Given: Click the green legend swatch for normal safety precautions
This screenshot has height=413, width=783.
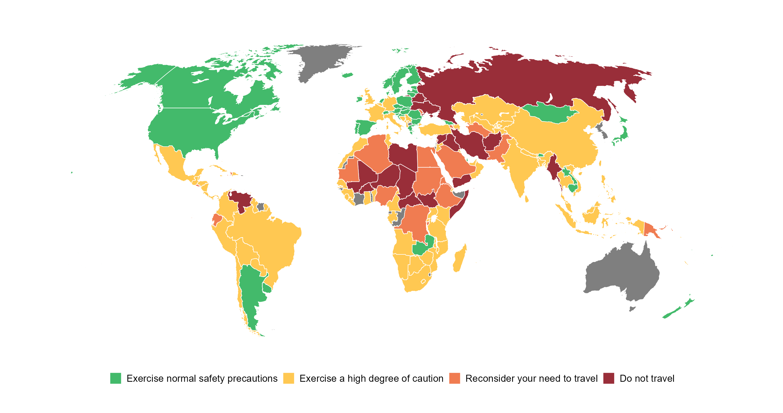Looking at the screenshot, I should (115, 378).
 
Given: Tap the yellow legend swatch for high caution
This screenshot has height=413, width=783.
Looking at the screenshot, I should (288, 378).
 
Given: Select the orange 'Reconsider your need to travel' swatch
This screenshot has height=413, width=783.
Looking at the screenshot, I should (454, 378).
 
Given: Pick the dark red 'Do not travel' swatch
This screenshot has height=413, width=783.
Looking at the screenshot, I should (609, 378).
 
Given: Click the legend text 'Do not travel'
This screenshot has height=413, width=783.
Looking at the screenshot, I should (647, 378).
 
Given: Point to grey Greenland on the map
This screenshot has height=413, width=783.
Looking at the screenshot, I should (322, 61).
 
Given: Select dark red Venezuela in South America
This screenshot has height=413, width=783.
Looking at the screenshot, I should (242, 200).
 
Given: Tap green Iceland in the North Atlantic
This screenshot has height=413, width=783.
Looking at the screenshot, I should (346, 74).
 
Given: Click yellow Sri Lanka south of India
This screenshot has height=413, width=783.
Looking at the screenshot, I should (526, 199).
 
